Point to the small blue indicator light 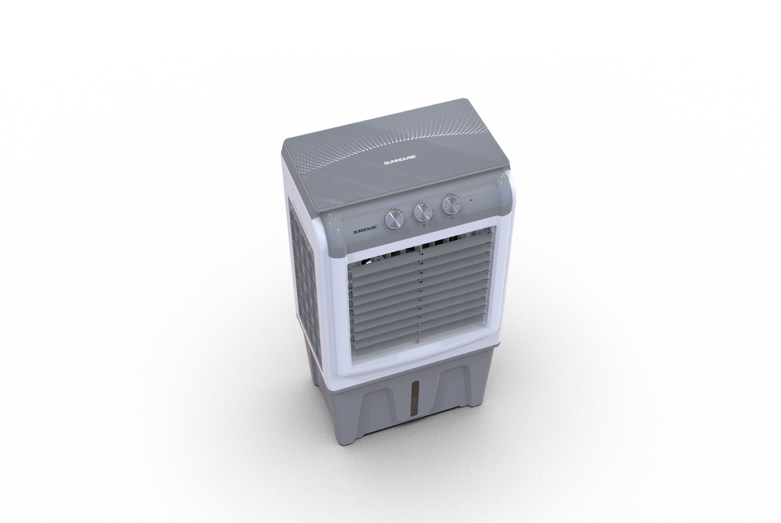click(471, 200)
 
